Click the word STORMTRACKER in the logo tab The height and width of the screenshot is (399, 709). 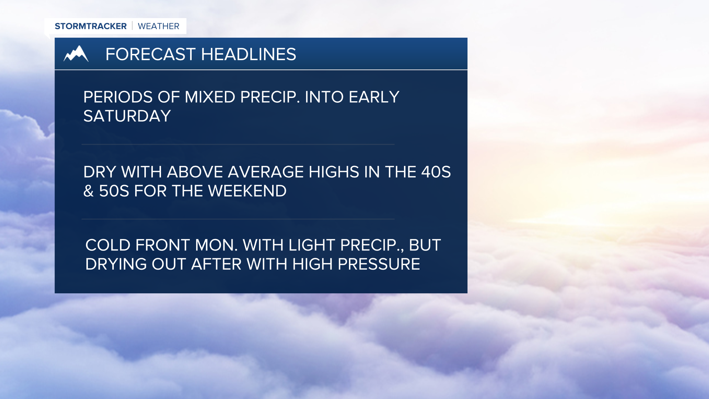90,26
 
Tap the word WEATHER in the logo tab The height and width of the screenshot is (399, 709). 158,26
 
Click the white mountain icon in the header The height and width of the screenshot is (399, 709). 76,54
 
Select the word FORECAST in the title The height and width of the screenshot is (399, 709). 150,54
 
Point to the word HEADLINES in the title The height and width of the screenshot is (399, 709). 249,54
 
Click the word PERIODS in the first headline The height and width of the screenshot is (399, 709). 118,97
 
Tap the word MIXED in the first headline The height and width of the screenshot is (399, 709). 210,97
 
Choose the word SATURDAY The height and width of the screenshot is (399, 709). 127,116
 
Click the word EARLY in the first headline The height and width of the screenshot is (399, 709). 374,97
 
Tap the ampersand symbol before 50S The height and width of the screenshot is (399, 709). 89,191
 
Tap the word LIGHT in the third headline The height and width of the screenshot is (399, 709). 312,245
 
